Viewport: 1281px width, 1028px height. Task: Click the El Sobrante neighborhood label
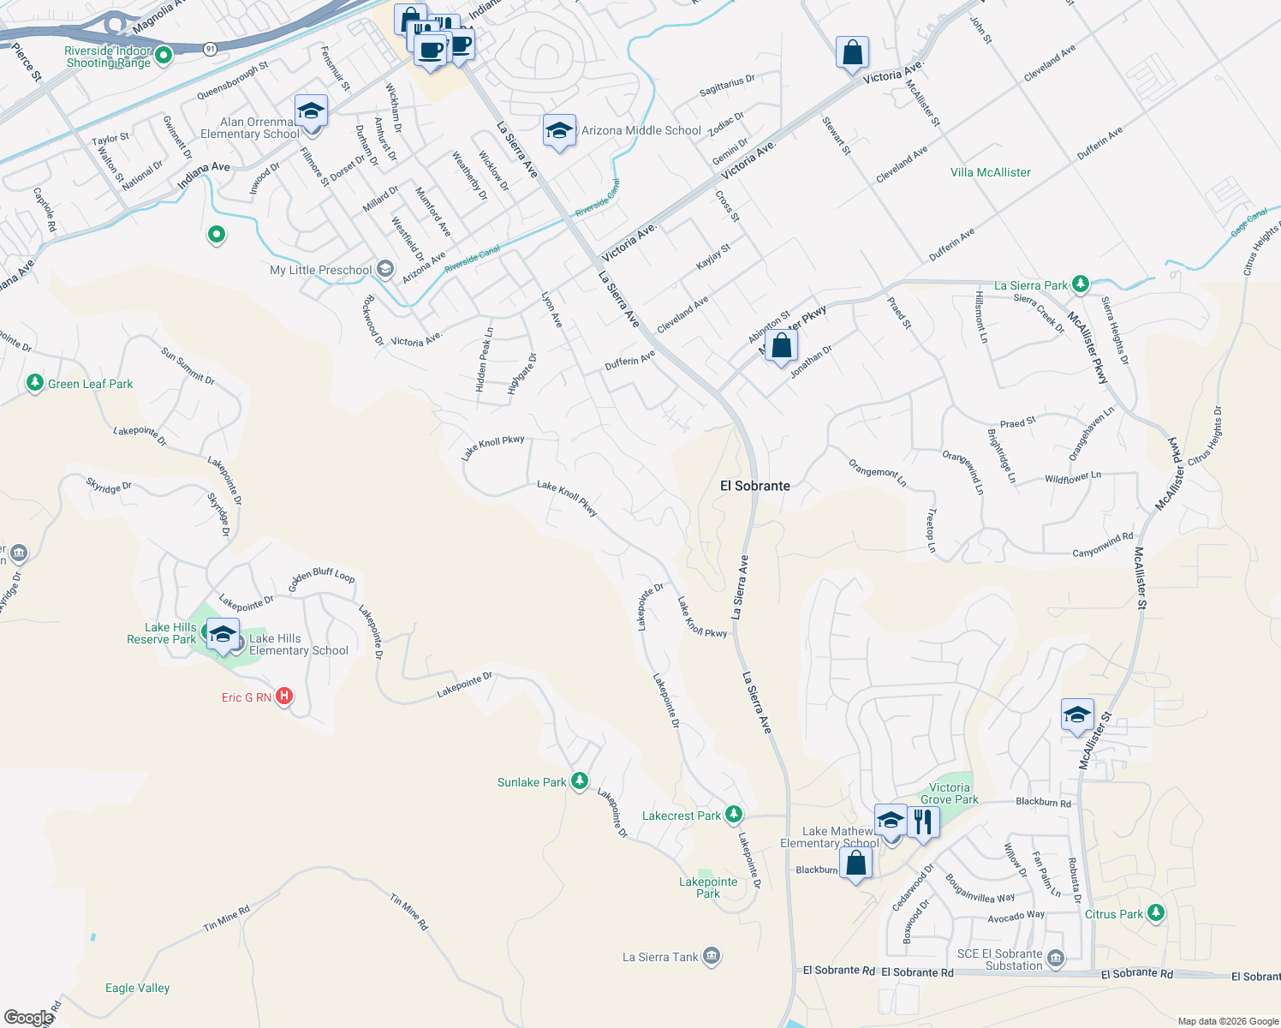(x=754, y=486)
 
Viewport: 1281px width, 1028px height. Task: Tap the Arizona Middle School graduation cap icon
(x=559, y=131)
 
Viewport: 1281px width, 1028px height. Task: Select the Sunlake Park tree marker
(x=580, y=780)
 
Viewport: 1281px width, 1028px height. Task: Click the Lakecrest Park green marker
(x=733, y=814)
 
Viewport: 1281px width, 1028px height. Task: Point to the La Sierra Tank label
(x=660, y=957)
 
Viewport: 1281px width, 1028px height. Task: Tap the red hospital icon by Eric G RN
(x=284, y=696)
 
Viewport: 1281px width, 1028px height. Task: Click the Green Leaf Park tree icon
(x=35, y=382)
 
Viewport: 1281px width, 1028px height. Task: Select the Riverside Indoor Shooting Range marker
(x=164, y=56)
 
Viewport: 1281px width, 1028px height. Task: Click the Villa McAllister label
(x=990, y=172)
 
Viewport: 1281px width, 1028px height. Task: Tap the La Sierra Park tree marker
(x=1081, y=284)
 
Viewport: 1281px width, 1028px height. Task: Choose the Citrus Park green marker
(x=1156, y=913)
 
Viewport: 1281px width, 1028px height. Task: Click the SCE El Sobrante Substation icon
(x=1056, y=958)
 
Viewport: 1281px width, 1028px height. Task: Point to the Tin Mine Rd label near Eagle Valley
(x=227, y=919)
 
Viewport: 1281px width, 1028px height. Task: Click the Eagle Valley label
(x=137, y=988)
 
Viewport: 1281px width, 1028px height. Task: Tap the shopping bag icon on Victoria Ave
(x=852, y=53)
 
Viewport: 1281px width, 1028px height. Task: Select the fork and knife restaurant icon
(x=922, y=822)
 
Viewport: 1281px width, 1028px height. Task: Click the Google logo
(x=28, y=1018)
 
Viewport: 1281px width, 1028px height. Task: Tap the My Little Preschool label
(x=320, y=270)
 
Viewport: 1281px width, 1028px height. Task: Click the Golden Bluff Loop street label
(x=321, y=580)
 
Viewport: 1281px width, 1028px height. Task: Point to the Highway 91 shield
(x=210, y=50)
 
